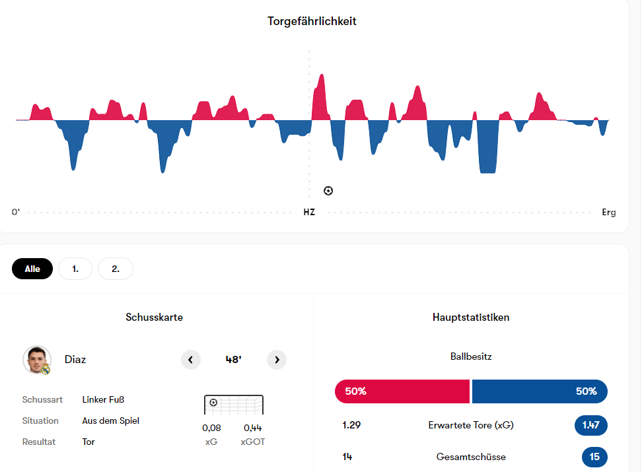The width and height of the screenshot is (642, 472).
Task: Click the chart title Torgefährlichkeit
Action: point(312,21)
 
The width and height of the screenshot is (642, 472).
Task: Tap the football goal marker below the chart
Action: point(328,191)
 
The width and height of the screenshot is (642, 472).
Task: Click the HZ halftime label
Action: point(309,213)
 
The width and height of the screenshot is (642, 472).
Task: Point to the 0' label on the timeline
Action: point(16,213)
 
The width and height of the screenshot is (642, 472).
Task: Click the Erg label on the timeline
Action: point(608,213)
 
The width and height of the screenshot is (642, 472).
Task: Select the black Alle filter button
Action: point(32,269)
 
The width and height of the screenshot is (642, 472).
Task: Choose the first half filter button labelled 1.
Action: point(75,269)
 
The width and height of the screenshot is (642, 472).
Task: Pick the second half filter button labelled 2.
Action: point(116,269)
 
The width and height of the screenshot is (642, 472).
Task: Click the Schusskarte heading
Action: point(155,318)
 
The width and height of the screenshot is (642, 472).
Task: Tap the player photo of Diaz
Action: point(37,360)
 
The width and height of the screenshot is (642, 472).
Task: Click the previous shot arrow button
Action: point(191,360)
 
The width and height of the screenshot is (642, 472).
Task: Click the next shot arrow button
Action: point(277,360)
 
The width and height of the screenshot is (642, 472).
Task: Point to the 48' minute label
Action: point(233,360)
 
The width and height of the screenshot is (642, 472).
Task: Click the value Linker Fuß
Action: point(104,399)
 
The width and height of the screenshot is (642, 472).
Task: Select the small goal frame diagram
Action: point(234,405)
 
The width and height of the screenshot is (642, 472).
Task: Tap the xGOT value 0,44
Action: point(253,428)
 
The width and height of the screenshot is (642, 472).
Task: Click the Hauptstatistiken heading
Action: point(471,318)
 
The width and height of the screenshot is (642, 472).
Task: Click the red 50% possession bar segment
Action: point(402,391)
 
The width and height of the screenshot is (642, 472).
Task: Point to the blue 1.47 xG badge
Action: point(590,425)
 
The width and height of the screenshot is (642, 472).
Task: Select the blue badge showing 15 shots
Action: point(594,457)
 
